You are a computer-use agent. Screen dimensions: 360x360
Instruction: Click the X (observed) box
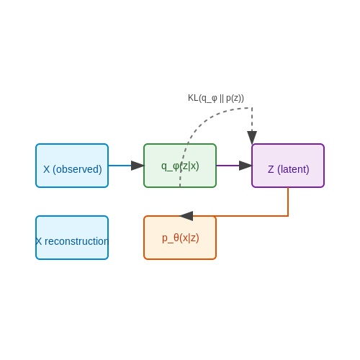[x=72, y=166]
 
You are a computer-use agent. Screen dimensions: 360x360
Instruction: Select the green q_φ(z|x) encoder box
[x=180, y=166]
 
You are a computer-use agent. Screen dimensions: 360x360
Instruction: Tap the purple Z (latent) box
[x=288, y=166]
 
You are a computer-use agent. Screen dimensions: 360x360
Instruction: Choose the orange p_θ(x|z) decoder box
[x=180, y=238]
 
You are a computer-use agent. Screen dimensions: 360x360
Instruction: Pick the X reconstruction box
[x=72, y=238]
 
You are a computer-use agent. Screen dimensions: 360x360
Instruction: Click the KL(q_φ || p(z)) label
[x=216, y=98]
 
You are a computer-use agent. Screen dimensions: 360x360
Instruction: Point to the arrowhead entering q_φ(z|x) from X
[x=138, y=166]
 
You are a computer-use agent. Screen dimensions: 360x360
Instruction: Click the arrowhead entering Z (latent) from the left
[x=246, y=166]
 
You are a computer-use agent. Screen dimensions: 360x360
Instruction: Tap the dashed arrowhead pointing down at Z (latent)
[x=252, y=138]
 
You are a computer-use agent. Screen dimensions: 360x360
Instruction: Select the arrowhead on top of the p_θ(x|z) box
[x=186, y=216]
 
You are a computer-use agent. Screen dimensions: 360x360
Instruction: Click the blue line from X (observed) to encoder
[x=120, y=166]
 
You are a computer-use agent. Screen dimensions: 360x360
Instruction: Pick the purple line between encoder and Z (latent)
[x=228, y=166]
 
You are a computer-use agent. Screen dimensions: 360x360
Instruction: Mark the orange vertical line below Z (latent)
[x=288, y=202]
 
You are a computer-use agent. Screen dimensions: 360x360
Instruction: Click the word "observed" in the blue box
[x=77, y=169]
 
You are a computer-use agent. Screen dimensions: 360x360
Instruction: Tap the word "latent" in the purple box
[x=293, y=169]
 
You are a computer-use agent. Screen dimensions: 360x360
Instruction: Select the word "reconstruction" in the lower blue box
[x=76, y=241]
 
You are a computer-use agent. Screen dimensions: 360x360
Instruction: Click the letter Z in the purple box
[x=271, y=169]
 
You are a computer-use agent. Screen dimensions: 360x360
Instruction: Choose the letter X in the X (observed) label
[x=47, y=169]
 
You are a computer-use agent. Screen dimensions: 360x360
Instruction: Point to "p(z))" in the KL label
[x=235, y=98]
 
